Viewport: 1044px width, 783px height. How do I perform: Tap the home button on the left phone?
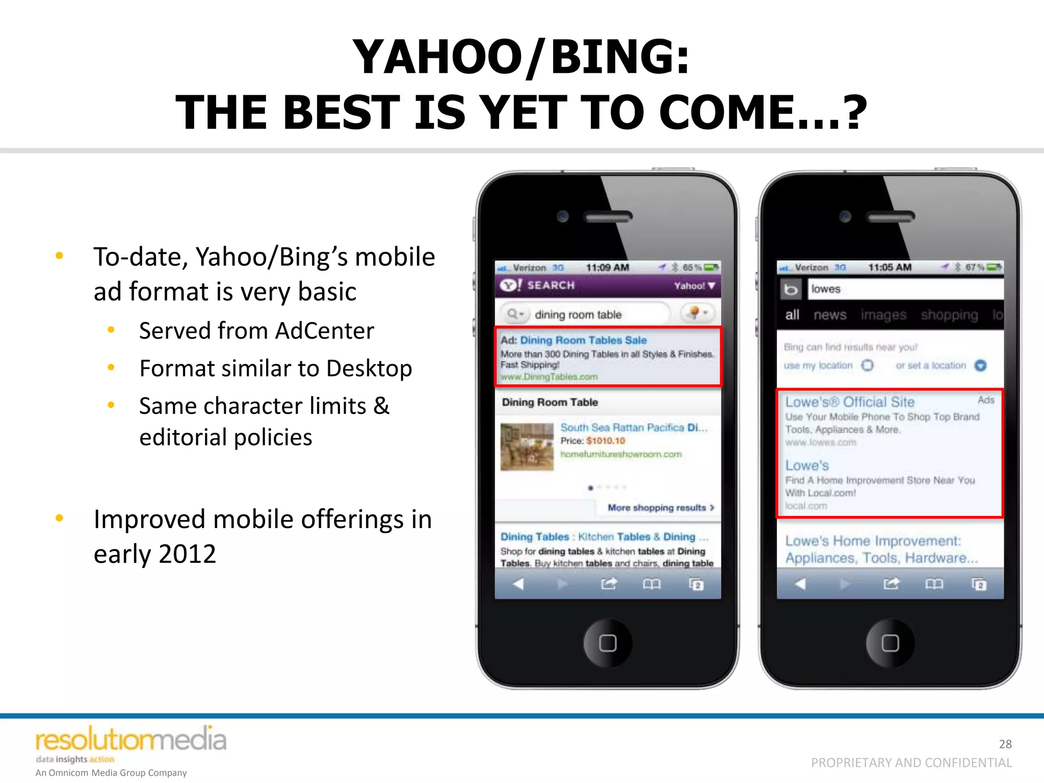click(608, 643)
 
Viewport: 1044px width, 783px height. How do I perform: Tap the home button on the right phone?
click(890, 643)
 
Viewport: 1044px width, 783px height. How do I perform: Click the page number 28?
click(1005, 744)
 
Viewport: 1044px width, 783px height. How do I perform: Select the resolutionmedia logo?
click(130, 740)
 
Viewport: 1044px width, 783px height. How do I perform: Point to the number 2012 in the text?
click(187, 554)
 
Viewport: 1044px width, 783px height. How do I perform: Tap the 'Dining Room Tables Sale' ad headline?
click(583, 340)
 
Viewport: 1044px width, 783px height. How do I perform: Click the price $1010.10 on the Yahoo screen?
click(606, 441)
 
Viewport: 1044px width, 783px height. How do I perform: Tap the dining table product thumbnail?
click(527, 447)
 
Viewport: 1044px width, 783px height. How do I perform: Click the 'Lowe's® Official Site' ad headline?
click(850, 402)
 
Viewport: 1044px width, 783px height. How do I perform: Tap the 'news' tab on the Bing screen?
click(830, 315)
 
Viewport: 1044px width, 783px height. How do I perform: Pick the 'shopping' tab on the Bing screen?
click(949, 315)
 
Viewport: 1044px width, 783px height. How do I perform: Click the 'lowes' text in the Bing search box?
click(826, 289)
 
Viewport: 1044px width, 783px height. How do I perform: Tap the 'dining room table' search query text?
click(578, 315)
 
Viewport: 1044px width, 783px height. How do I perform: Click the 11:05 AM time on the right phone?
click(890, 267)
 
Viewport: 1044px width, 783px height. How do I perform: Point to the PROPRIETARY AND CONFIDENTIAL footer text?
click(911, 763)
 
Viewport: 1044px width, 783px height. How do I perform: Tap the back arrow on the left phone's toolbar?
click(518, 584)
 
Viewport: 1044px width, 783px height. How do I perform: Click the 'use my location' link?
click(818, 366)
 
